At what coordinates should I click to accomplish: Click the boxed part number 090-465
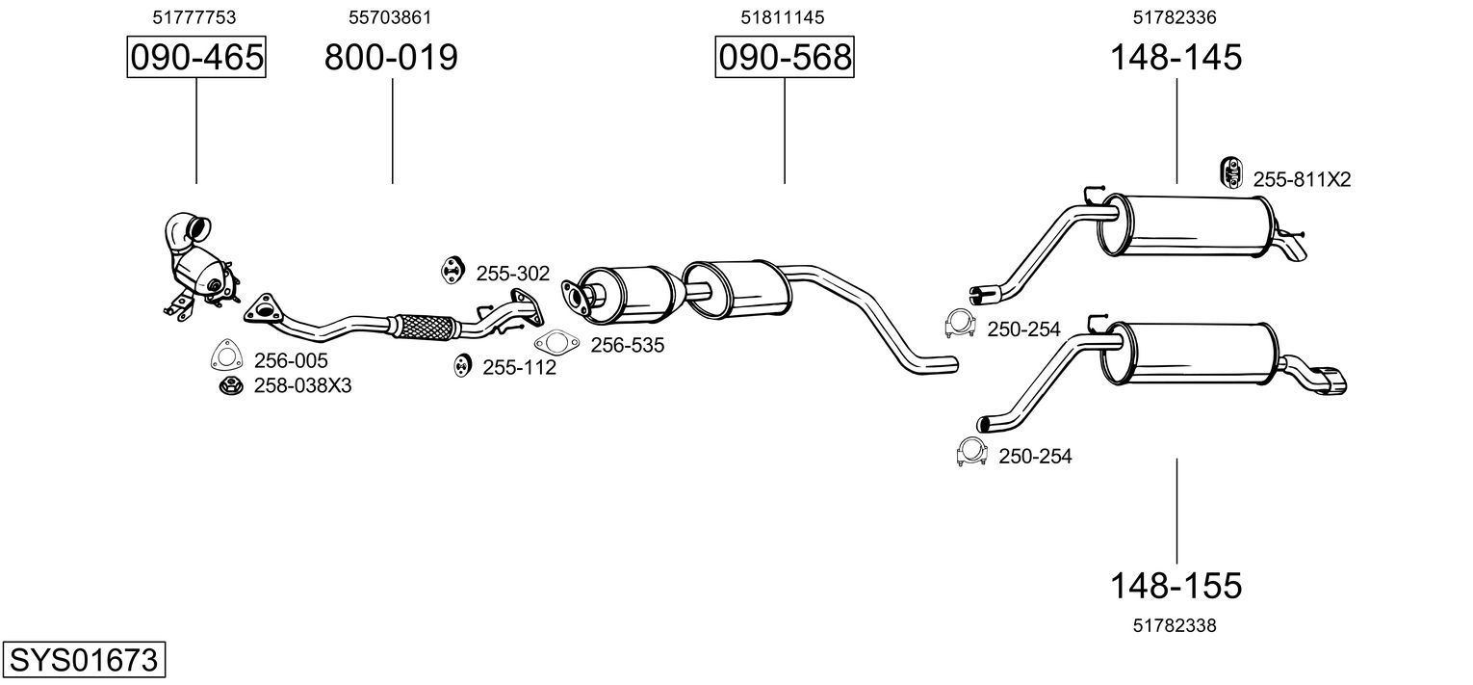click(x=196, y=58)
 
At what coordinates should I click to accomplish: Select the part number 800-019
click(x=391, y=58)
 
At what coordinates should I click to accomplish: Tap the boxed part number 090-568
click(x=784, y=58)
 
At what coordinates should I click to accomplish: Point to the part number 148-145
click(x=1176, y=58)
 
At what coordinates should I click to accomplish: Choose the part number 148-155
click(x=1176, y=585)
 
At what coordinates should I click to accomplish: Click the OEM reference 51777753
click(x=194, y=17)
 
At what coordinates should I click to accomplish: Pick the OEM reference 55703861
click(x=390, y=17)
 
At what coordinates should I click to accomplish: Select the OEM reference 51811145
click(x=783, y=17)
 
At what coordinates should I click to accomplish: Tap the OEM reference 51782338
click(x=1175, y=625)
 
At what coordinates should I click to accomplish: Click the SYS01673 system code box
click(x=83, y=661)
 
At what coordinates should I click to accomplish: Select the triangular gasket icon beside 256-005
click(x=225, y=356)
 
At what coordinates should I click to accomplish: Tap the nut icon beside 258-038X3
click(x=230, y=386)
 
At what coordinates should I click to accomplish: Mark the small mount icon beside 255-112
click(x=462, y=366)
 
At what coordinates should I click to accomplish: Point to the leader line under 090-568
click(x=784, y=131)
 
